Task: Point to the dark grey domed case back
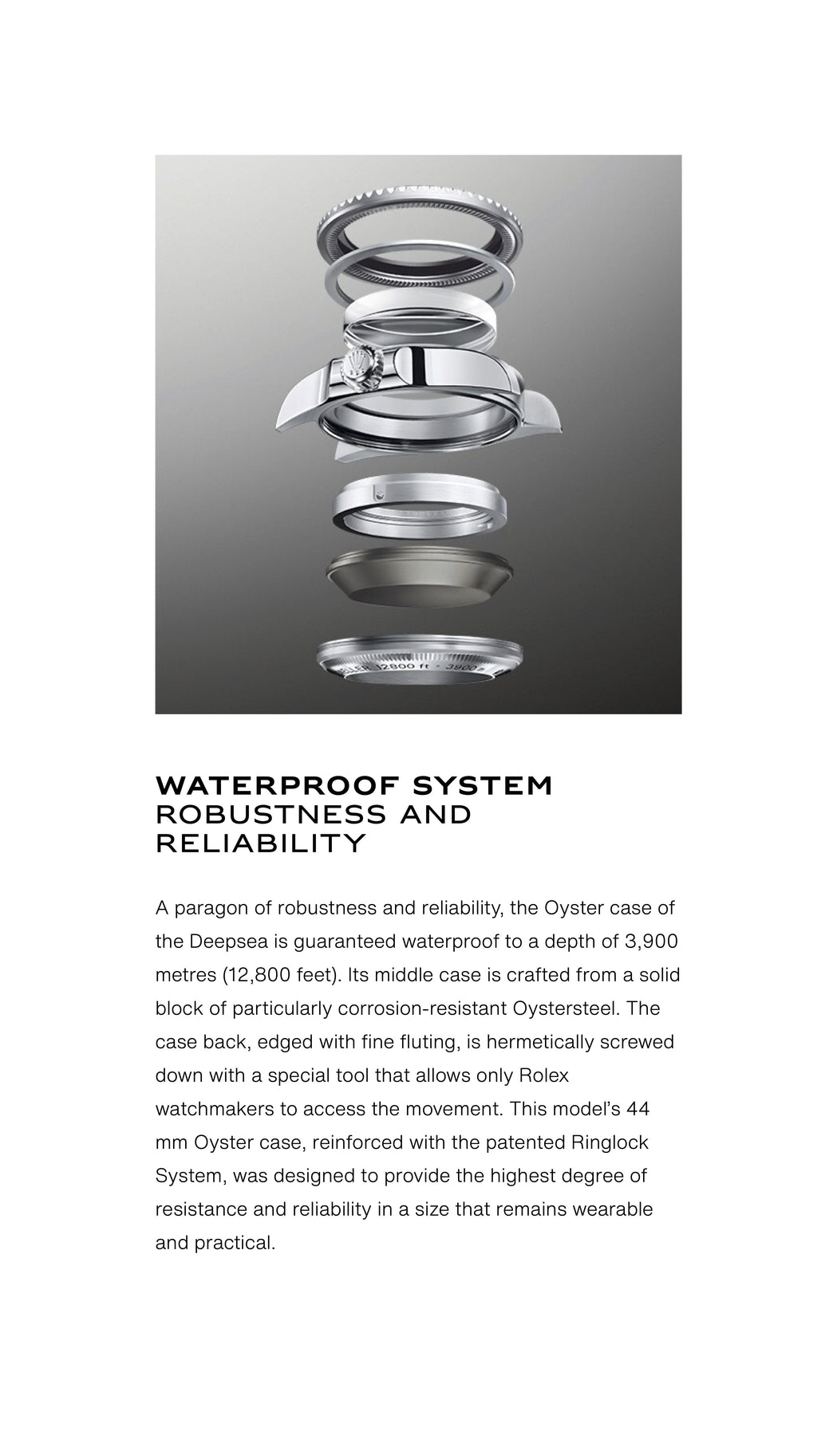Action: pyautogui.click(x=419, y=576)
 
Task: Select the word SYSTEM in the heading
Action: pyautogui.click(x=482, y=785)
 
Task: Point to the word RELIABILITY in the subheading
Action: pyautogui.click(x=260, y=843)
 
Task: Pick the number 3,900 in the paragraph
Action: pyautogui.click(x=651, y=942)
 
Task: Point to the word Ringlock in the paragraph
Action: pyautogui.click(x=610, y=1142)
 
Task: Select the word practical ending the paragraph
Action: pyautogui.click(x=236, y=1243)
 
